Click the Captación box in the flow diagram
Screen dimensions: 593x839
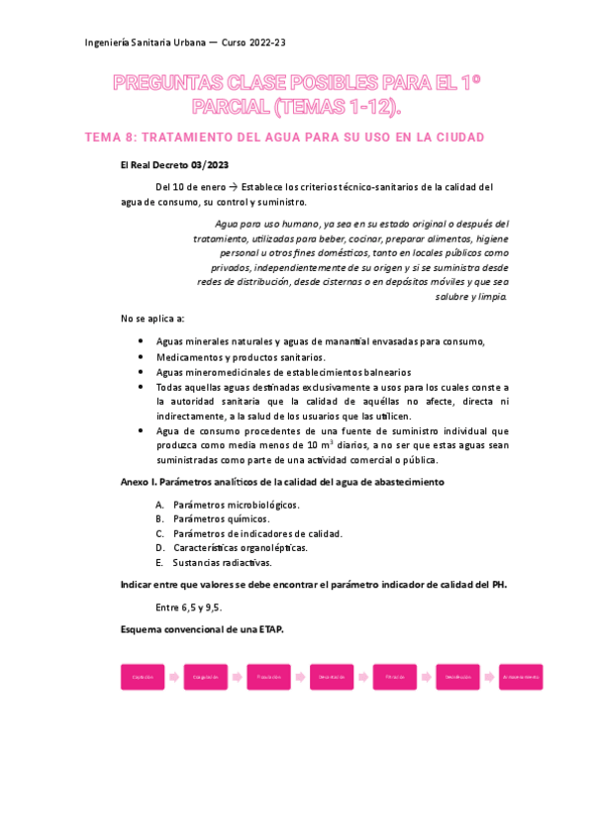[x=142, y=677]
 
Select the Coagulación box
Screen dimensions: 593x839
[x=206, y=677]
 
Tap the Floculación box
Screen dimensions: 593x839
[x=268, y=677]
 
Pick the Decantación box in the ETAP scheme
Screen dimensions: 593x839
[x=332, y=677]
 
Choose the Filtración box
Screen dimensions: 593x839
[x=395, y=677]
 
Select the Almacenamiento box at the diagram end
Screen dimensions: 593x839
[x=521, y=677]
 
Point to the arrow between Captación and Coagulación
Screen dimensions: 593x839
[x=174, y=677]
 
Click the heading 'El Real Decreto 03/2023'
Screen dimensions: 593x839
[x=173, y=164]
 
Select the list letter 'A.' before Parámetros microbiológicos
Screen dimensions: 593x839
[x=160, y=504]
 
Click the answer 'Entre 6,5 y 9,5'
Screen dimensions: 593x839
[x=188, y=606]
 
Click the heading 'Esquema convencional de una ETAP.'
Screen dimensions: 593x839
[x=201, y=629]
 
